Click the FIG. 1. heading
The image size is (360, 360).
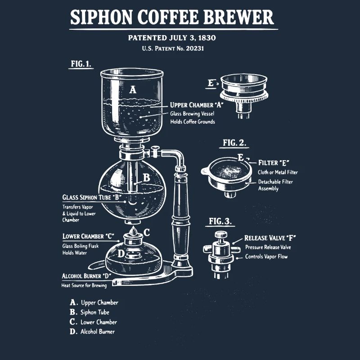coord(81,63)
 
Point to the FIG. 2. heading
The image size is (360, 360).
coord(234,143)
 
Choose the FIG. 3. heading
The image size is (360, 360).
coord(220,221)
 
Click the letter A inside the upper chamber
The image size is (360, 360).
coord(132,90)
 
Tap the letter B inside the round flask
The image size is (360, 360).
coord(146,178)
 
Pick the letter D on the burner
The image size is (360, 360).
coord(121,254)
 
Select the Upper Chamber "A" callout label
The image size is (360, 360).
coord(197,105)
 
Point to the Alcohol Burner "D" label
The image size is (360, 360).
coord(86,275)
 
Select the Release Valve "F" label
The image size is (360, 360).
coord(270,238)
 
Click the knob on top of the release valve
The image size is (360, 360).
coord(220,234)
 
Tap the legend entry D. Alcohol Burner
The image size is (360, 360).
coord(92,332)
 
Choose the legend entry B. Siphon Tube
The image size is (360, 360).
coord(90,312)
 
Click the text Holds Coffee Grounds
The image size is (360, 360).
coord(192,121)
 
